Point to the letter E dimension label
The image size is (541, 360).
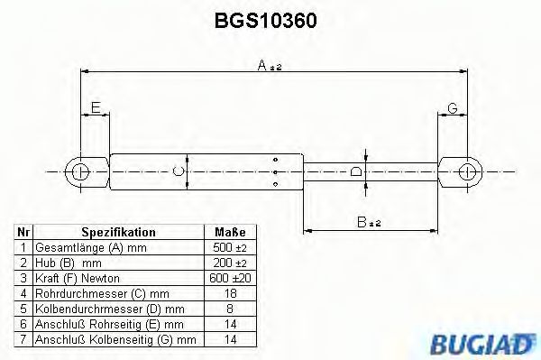point(94,109)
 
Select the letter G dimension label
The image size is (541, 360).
point(453,109)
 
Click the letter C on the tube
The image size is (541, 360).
point(179,170)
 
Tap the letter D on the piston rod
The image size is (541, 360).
point(356,170)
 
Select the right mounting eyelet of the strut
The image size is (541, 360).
point(468,171)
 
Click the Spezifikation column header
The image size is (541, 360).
point(118,232)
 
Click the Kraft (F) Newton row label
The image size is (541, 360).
point(77,278)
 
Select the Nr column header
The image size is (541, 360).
point(23,232)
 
